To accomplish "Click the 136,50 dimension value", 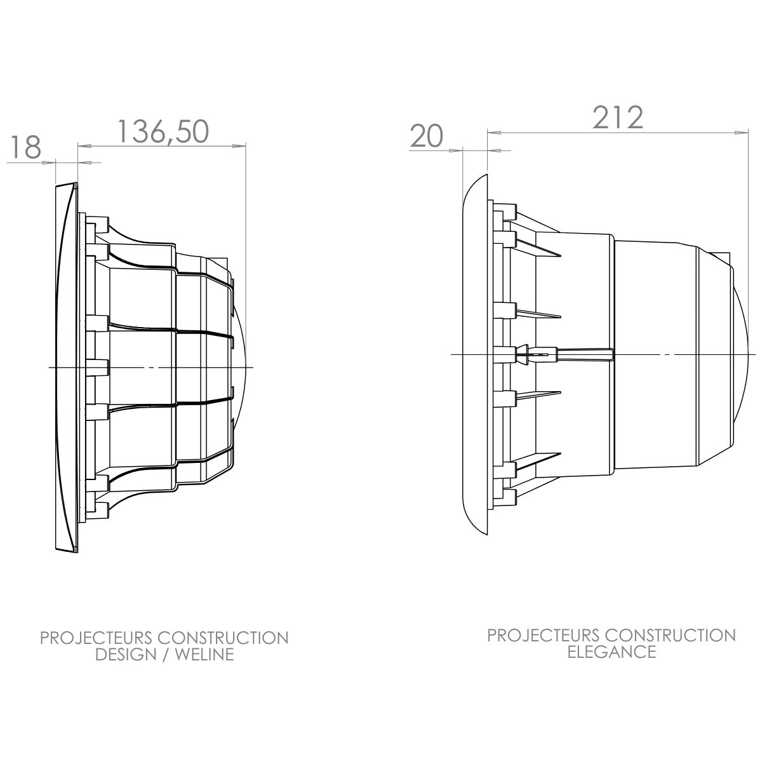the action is pos(163,132).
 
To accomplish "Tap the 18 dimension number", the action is pos(25,147).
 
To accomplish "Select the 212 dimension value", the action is pos(618,117).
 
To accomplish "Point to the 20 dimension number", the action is pos(426,137).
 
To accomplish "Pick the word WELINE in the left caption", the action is pos(204,655).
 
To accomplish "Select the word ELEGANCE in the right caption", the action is pos(612,652).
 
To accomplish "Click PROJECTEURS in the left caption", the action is pos(96,638).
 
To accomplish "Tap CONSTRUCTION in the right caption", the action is pos(671,636).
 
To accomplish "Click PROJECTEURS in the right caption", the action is pos(544,636).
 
